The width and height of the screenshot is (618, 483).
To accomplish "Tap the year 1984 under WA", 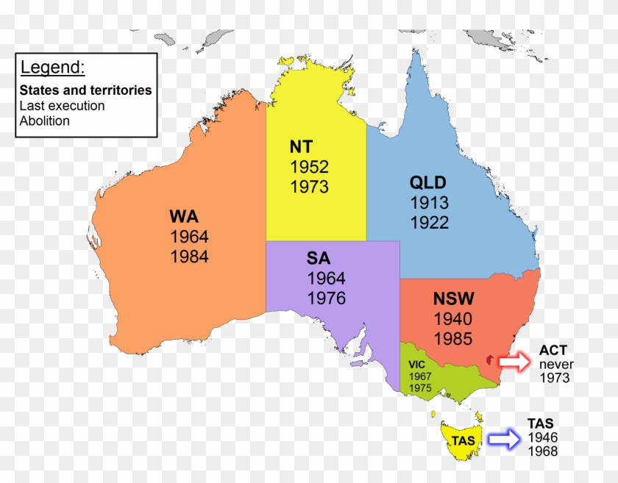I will pos(189,257).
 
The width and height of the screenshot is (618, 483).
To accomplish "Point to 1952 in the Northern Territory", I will pos(309,166).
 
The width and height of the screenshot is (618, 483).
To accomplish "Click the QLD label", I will pos(428,183).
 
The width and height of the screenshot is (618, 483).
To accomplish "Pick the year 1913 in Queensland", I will pos(429,203).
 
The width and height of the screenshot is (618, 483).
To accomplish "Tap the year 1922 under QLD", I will pos(429,222).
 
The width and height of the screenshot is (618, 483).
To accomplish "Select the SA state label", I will pos(319,259).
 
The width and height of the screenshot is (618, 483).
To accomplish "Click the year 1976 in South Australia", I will pos(327,298).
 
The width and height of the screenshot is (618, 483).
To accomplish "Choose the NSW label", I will pos(454,299).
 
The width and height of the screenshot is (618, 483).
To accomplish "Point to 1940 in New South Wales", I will pos(453,319).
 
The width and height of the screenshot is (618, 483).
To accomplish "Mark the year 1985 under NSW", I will pos(453,339).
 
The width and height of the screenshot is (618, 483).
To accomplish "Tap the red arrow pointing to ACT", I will pos(514,362).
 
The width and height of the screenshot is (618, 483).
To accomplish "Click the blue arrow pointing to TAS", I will pos(504,439).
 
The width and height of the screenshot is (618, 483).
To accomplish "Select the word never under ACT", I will pos(555,364).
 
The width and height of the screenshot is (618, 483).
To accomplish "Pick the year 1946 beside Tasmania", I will pos(543,437).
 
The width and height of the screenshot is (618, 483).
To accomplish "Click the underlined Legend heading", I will pos(52,68).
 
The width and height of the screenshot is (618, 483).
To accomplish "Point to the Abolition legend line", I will pos(45,121).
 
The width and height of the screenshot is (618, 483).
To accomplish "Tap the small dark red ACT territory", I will pos(490,359).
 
